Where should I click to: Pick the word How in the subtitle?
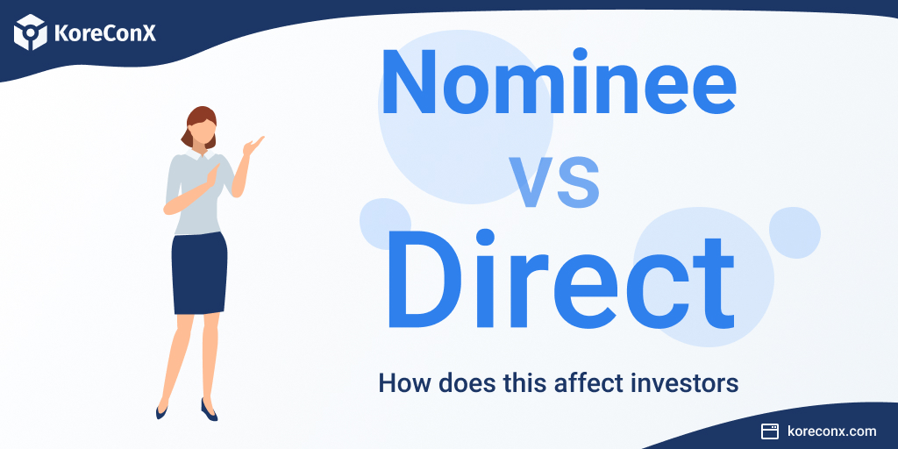(x=399, y=383)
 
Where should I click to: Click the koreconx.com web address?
(x=831, y=431)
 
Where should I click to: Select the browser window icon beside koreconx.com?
(x=770, y=431)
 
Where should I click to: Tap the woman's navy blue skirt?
(x=199, y=272)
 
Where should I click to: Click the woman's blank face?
(x=203, y=134)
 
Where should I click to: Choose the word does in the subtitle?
(x=453, y=383)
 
